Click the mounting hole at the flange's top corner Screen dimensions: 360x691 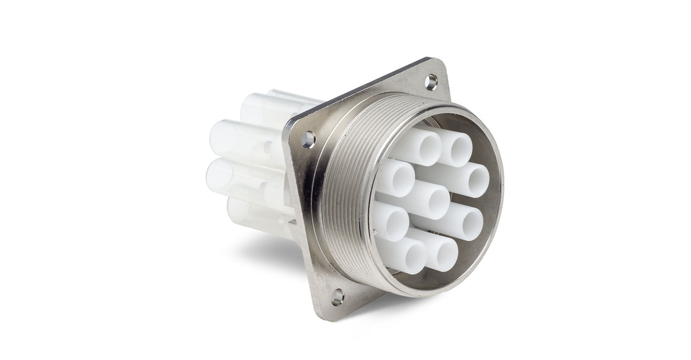[x=431, y=82]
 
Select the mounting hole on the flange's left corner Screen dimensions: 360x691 [x=308, y=140]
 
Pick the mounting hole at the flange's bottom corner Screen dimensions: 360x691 [x=337, y=297]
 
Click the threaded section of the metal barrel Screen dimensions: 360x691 [x=344, y=191]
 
